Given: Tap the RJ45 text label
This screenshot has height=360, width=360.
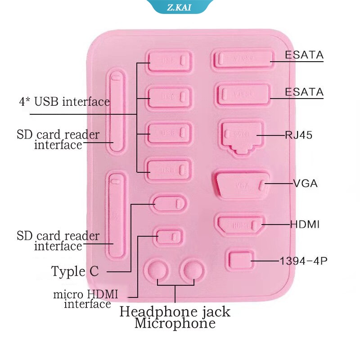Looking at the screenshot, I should click(298, 135).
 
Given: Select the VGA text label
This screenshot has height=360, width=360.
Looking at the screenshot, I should click(306, 183).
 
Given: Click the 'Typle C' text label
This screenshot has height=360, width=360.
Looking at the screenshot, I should click(75, 271).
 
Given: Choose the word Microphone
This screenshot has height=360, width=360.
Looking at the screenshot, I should click(175, 323).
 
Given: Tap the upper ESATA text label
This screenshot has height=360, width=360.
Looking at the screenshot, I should click(304, 55).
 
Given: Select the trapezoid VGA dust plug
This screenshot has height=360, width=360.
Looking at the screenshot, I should click(242, 184).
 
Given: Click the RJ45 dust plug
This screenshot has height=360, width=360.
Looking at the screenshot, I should click(242, 136).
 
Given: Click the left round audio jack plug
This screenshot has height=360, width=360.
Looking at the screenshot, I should click(156, 270).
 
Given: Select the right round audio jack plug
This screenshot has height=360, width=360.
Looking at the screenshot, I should click(192, 270).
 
